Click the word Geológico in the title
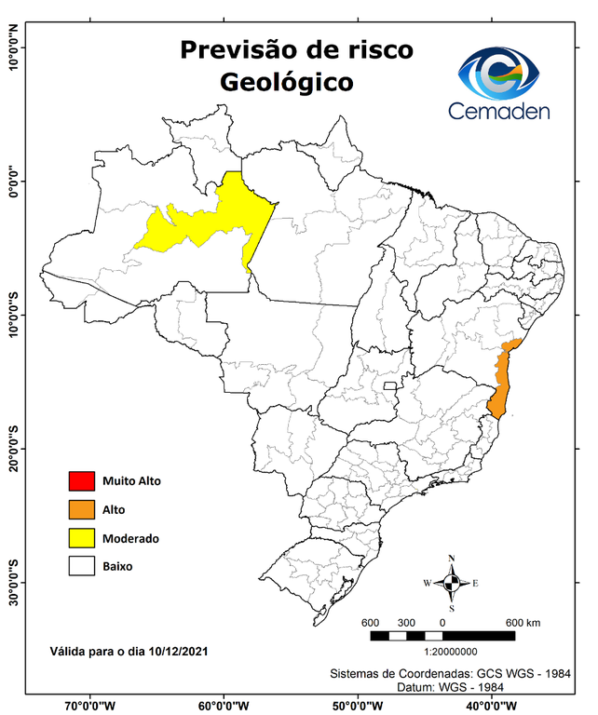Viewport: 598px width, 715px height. [x=287, y=82]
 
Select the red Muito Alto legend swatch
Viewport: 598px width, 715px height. [x=81, y=481]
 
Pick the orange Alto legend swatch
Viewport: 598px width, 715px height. [x=81, y=509]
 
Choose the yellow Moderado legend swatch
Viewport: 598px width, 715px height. [x=81, y=537]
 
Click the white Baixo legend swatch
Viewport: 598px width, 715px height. [x=81, y=565]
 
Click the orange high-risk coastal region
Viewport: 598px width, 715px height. [x=503, y=382]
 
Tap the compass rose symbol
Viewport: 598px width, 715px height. [x=451, y=584]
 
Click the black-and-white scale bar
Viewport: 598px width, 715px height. [x=442, y=636]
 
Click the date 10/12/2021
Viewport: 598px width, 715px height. [x=177, y=652]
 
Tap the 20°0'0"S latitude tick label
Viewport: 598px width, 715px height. [x=13, y=449]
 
